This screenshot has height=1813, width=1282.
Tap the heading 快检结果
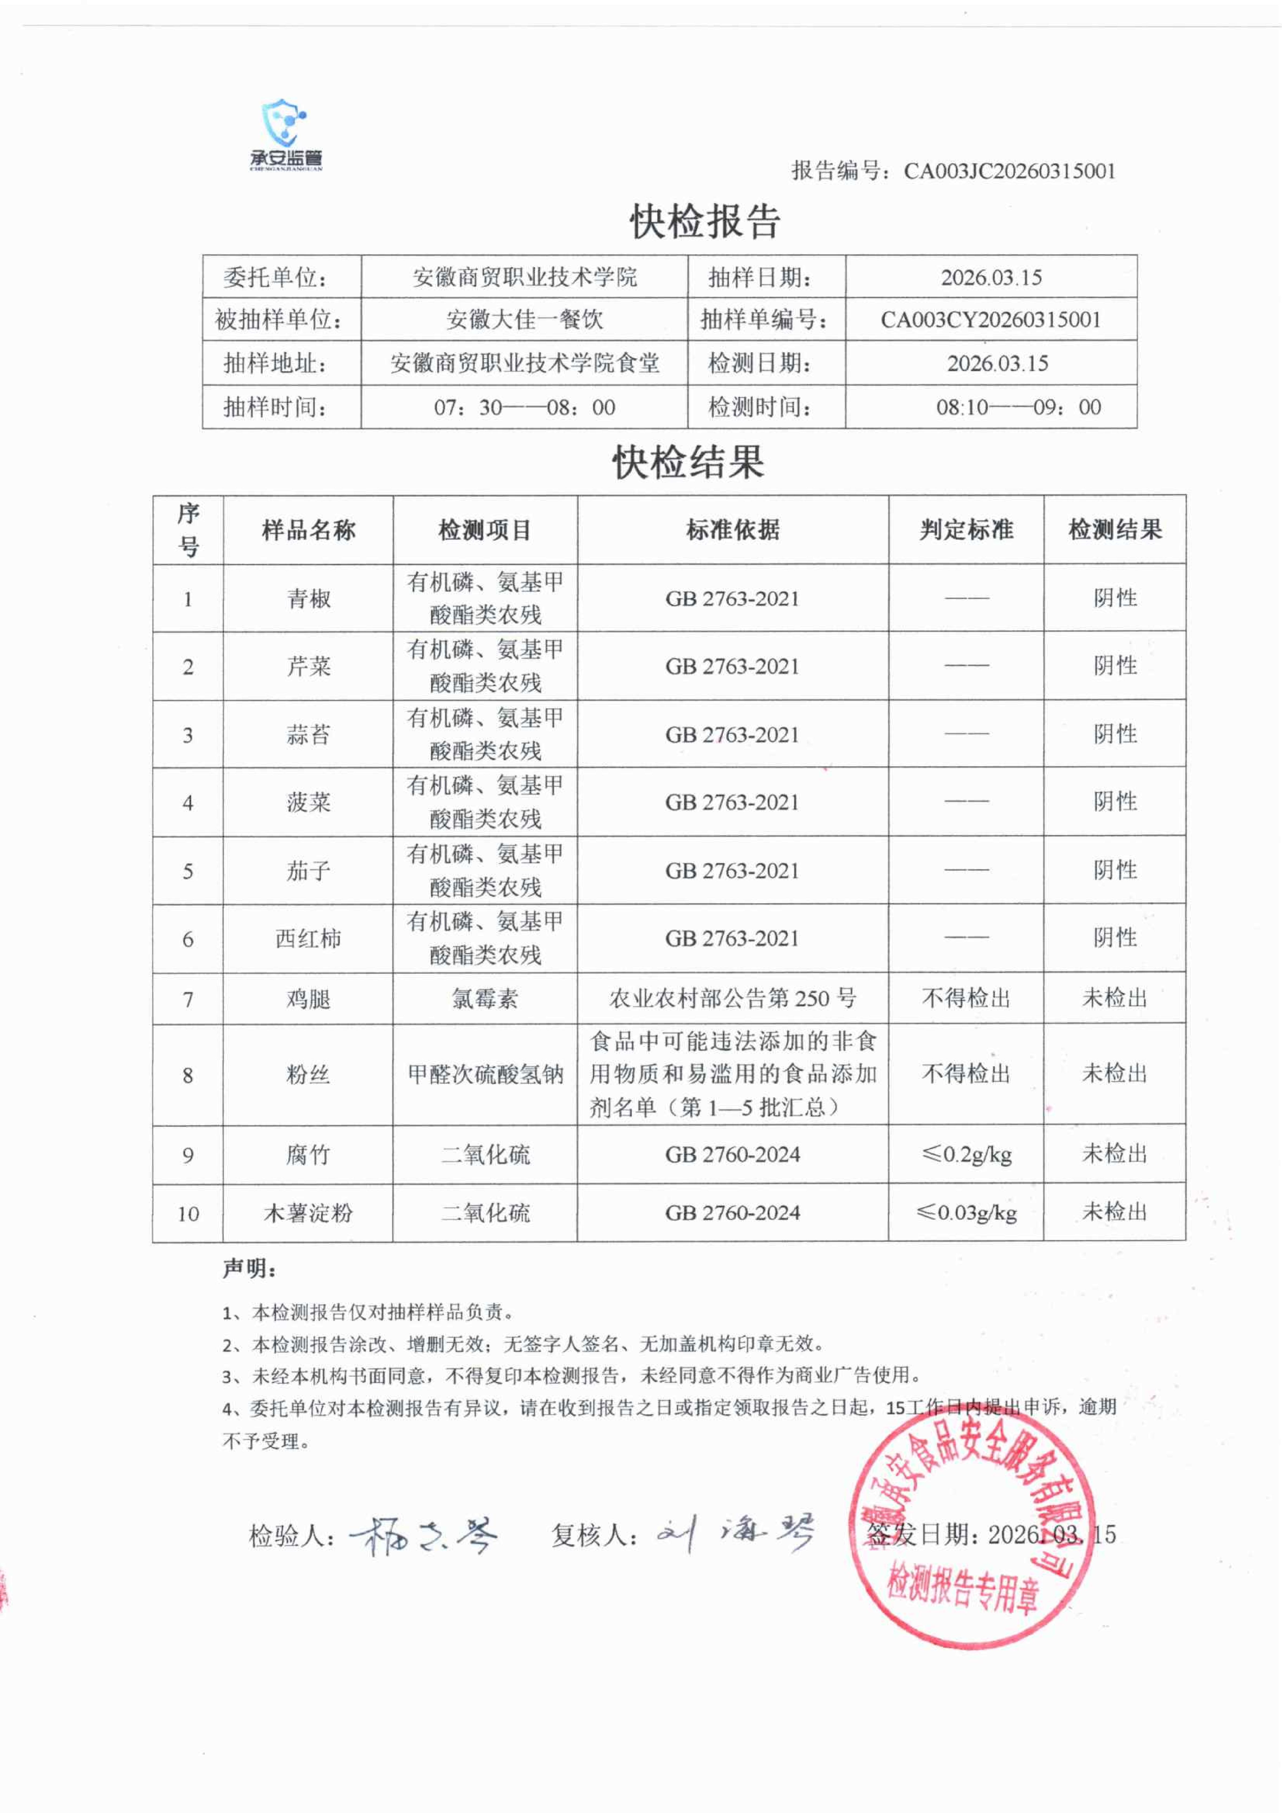pos(688,462)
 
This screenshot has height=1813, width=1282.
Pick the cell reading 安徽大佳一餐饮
pos(524,320)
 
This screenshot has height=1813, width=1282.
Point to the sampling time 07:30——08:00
pos(524,407)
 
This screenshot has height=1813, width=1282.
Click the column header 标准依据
pos(733,530)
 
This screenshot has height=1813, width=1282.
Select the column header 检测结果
pos(1115,530)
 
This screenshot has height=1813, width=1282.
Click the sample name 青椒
pos(308,598)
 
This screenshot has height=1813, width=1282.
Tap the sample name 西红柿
pos(308,939)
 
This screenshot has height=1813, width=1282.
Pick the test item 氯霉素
pos(485,999)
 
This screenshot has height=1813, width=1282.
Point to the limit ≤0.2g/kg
pos(966,1154)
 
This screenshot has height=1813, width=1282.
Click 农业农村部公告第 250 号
pos(733,999)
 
